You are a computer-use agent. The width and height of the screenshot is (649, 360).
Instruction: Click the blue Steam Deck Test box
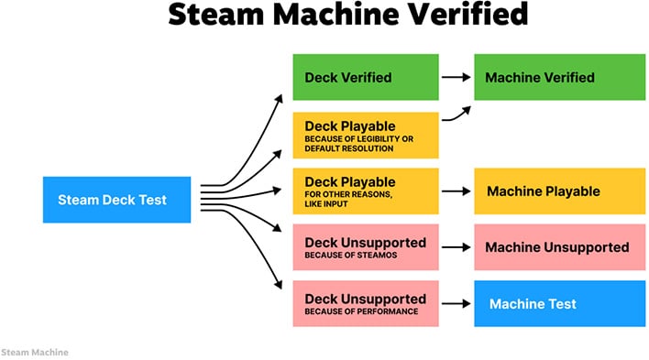point(116,200)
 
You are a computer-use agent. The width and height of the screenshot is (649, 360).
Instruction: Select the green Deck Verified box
point(365,77)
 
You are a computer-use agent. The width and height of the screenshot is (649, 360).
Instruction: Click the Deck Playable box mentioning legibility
point(365,135)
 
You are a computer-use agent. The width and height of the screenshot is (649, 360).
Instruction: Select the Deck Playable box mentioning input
point(365,191)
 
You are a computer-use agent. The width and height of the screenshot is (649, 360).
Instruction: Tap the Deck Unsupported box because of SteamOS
point(365,247)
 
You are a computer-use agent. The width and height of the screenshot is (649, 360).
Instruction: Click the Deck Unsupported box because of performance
point(365,303)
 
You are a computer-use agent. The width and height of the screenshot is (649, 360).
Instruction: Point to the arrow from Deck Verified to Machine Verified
point(456,77)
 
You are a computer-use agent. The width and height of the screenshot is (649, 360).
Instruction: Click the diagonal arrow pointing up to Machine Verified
point(456,115)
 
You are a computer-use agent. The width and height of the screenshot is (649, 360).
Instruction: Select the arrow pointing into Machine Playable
point(456,191)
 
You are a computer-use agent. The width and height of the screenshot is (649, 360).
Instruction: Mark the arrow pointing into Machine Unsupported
point(456,247)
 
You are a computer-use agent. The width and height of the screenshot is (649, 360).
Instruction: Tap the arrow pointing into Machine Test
point(456,303)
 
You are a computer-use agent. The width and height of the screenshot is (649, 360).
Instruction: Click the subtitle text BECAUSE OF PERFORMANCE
point(361,311)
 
